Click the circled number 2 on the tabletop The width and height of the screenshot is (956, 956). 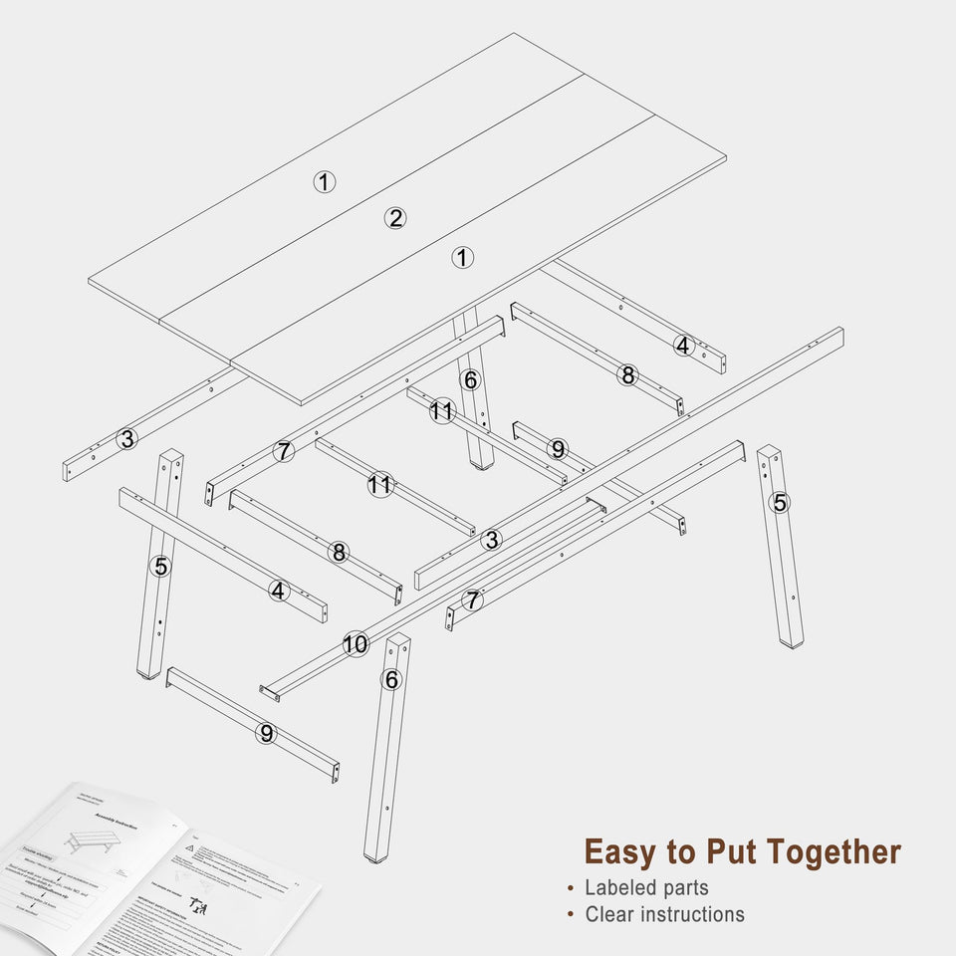[396, 218]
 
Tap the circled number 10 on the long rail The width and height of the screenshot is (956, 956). [356, 644]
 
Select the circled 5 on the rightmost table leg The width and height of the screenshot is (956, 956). [780, 503]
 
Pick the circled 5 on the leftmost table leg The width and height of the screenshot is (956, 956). [161, 567]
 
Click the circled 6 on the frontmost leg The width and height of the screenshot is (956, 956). [392, 680]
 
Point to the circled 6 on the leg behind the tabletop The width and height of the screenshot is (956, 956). [471, 379]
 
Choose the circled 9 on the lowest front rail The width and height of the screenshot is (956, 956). [266, 733]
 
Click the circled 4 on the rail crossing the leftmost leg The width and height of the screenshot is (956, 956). [279, 591]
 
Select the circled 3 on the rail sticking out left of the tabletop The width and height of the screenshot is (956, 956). [126, 438]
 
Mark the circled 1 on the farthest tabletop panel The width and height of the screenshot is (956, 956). [325, 181]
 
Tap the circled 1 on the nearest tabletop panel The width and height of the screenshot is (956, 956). [462, 258]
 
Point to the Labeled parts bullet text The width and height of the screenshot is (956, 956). [646, 887]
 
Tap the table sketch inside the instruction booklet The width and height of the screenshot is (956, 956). [91, 841]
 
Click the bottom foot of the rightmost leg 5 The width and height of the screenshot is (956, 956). [793, 642]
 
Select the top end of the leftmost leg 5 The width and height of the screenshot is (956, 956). [171, 456]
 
